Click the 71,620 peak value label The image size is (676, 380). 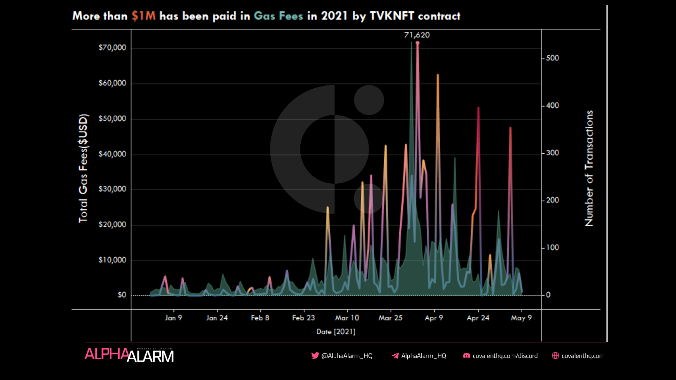pos(417,35)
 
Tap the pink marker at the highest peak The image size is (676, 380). pos(417,43)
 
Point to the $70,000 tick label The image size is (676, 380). pos(112,48)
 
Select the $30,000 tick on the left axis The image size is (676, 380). pos(112,189)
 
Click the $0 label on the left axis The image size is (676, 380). pos(122,295)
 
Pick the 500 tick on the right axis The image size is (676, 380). pos(552,58)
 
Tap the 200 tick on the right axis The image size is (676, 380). pos(552,200)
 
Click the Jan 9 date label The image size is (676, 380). pos(173,318)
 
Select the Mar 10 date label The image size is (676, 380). pos(347,318)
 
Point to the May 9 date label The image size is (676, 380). pos(521,318)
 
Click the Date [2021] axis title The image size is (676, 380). pos(336,332)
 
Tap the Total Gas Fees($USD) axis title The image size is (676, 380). pos(83,168)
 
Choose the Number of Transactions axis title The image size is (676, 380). pos(589,168)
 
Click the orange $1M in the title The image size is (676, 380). pos(143,16)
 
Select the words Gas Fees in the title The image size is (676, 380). pos(278,16)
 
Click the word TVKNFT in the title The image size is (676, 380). pos(392,16)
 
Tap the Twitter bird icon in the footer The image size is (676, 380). pos(315,356)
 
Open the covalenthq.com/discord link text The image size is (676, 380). pos(505,356)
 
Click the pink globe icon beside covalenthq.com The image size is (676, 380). pos(555,356)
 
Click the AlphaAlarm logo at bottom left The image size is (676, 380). pos(129,355)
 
